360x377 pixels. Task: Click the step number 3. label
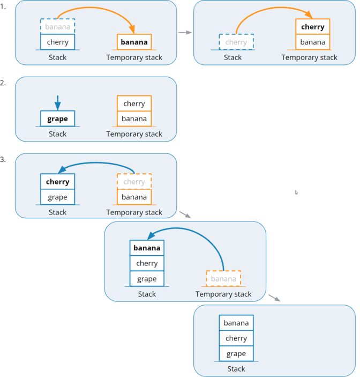pos(4,159)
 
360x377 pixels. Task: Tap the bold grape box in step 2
pos(58,119)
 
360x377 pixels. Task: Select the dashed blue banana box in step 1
pos(58,26)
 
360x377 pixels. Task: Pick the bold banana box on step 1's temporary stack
pos(134,42)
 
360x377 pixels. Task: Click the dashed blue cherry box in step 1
pos(236,42)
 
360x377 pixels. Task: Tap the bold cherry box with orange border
pos(312,27)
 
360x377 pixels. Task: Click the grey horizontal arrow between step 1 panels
pos(185,33)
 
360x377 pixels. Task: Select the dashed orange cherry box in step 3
pos(134,182)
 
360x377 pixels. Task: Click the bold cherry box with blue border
pos(58,182)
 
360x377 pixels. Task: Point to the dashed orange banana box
pos(223,279)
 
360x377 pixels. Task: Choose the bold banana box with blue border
pos(147,248)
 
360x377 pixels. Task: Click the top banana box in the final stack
pos(236,323)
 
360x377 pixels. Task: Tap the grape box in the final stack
pos(236,353)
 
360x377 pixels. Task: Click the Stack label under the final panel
pos(236,369)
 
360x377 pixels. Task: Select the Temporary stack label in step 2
pos(134,134)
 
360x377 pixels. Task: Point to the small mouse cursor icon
pos(296,192)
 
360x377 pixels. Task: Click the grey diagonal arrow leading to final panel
pos(274,298)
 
